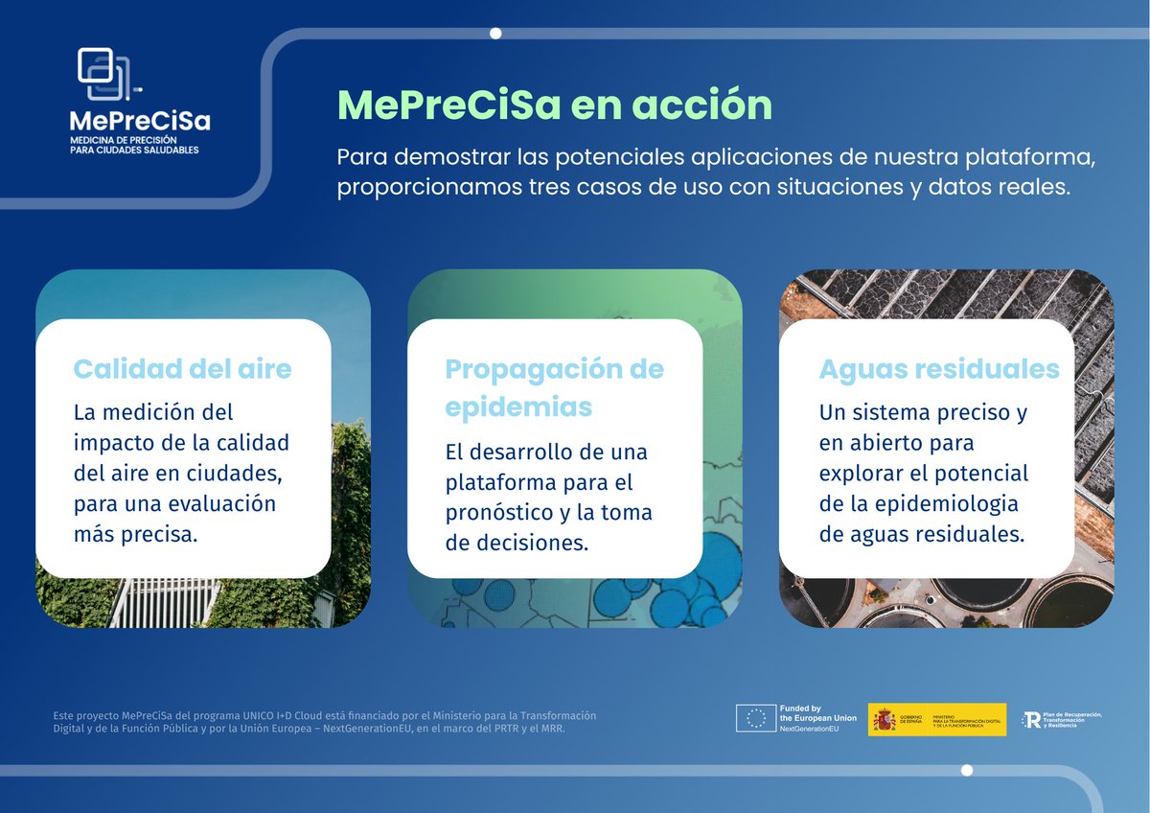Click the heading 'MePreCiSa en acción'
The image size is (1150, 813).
554,105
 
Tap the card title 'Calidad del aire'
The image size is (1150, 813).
182,368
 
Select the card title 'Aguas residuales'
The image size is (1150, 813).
939,369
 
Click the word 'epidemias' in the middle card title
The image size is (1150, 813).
518,407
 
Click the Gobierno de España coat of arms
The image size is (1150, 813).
885,720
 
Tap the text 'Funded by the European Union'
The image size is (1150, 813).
817,712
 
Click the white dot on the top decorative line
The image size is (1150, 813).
495,34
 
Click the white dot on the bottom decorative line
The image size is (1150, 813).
967,770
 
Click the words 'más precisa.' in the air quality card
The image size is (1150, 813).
135,534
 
